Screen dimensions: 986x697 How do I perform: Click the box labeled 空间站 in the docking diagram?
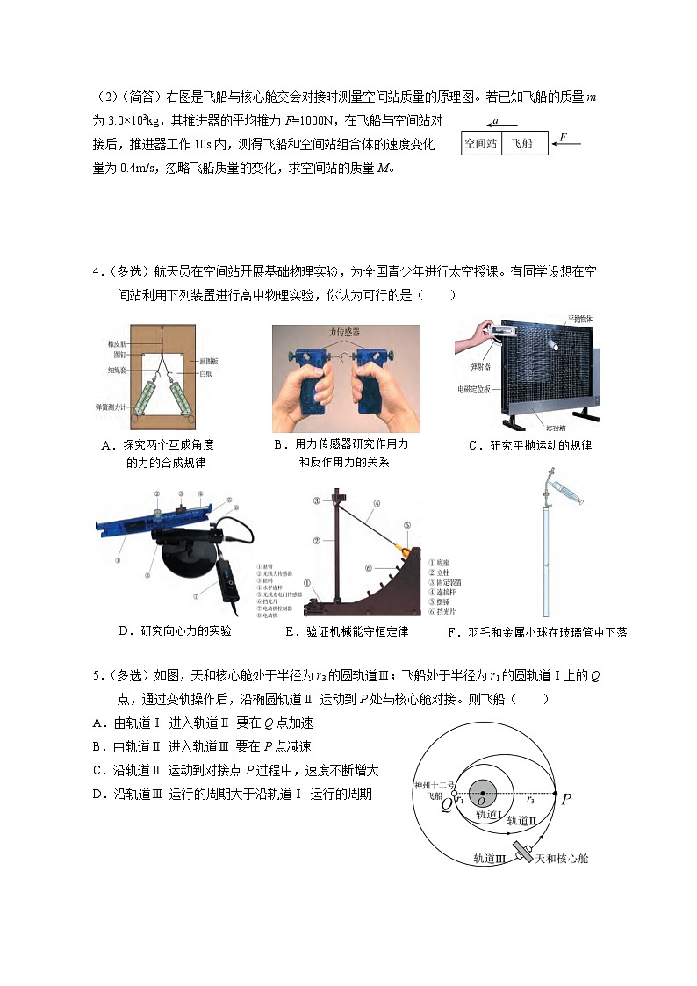[x=481, y=142]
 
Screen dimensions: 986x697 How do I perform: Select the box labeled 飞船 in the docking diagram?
[x=524, y=142]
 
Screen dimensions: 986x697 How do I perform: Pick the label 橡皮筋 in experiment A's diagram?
[x=118, y=344]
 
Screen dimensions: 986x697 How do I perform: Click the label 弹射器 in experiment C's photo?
[x=468, y=359]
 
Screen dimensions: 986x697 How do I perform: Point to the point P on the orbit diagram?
[x=566, y=799]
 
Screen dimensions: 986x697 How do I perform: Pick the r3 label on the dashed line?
[x=529, y=801]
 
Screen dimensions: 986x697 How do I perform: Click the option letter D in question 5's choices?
[x=97, y=794]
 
